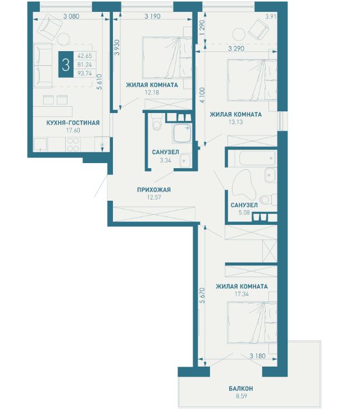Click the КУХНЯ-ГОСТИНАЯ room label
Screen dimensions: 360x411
click(x=73, y=123)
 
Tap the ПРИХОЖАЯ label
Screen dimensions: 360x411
click(x=154, y=189)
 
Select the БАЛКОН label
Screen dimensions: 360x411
click(x=241, y=389)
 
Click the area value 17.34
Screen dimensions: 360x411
click(x=241, y=294)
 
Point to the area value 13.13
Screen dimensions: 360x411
click(x=236, y=122)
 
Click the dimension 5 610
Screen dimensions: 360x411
click(x=99, y=82)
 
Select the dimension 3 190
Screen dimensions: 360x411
click(x=152, y=16)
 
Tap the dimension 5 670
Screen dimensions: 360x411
click(x=202, y=296)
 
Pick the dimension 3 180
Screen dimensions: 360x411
click(x=258, y=356)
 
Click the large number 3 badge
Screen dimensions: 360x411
click(x=66, y=65)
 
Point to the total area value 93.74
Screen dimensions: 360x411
click(x=85, y=74)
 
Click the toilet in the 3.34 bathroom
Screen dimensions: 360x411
click(x=157, y=123)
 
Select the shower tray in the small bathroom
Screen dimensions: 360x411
click(x=182, y=133)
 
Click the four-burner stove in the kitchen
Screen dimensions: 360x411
click(x=74, y=144)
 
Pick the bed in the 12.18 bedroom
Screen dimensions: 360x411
click(x=167, y=58)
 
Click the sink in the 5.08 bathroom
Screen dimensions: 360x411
click(x=270, y=175)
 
